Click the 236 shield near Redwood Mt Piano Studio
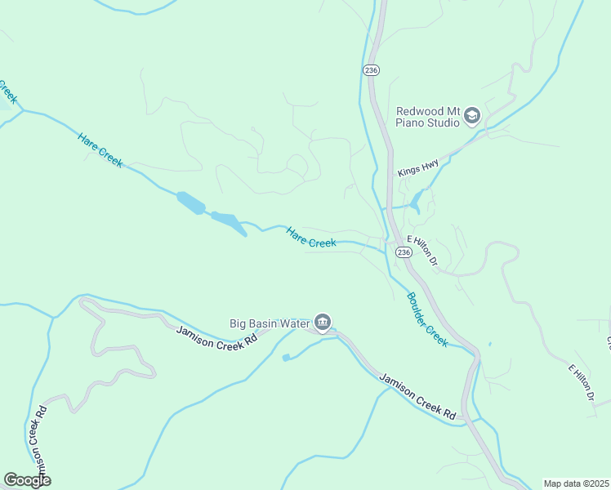(372, 71)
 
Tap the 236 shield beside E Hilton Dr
(404, 252)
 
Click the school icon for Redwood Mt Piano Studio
(471, 117)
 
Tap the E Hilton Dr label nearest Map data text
(581, 382)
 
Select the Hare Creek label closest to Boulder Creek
(311, 238)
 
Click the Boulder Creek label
(427, 319)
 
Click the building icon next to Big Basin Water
(322, 324)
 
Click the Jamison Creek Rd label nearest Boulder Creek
(417, 397)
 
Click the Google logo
(27, 480)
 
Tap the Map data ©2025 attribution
(575, 483)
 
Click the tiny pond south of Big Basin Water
(286, 358)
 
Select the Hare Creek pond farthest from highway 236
(191, 203)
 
